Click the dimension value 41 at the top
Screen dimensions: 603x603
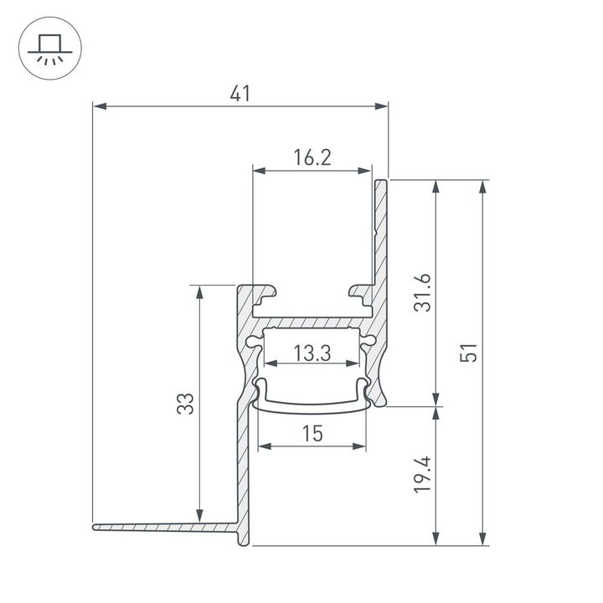(x=240, y=95)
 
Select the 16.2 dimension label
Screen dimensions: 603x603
(x=312, y=157)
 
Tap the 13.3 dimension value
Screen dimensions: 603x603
(x=312, y=353)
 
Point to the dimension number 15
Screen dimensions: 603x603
(x=312, y=434)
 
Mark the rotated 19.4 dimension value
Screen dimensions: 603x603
(x=424, y=474)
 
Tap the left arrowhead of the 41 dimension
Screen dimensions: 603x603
(x=98, y=106)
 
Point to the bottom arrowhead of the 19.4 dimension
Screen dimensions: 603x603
(x=435, y=539)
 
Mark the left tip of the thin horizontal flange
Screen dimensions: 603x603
(x=95, y=528)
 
